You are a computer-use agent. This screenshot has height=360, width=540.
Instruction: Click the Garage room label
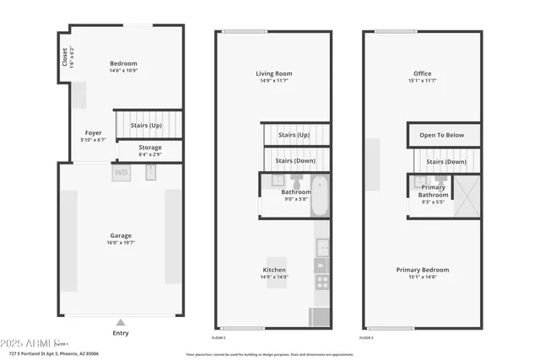(x=121, y=235)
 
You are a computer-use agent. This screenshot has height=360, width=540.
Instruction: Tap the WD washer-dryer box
(x=121, y=173)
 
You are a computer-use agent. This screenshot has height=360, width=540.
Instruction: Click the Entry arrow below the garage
(x=121, y=321)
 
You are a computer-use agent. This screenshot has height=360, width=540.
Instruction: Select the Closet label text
(x=65, y=56)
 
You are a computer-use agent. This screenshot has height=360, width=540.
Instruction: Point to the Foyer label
(x=92, y=132)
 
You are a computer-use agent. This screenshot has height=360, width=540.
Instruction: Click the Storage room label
(x=150, y=148)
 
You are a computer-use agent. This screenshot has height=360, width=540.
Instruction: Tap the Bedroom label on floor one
(x=123, y=63)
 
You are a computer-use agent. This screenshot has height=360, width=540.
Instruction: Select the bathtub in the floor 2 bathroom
(x=320, y=196)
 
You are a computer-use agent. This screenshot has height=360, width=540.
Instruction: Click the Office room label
(x=422, y=73)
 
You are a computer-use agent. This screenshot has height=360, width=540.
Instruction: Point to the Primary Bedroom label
(x=423, y=270)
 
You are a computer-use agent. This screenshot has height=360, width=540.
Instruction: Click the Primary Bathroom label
(x=433, y=191)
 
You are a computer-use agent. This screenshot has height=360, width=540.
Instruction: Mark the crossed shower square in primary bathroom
(x=467, y=196)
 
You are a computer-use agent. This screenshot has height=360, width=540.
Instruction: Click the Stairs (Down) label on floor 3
(x=446, y=161)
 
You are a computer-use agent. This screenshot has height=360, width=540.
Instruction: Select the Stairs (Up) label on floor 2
(x=294, y=135)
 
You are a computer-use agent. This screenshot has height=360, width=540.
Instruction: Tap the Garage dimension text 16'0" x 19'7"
(x=121, y=243)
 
